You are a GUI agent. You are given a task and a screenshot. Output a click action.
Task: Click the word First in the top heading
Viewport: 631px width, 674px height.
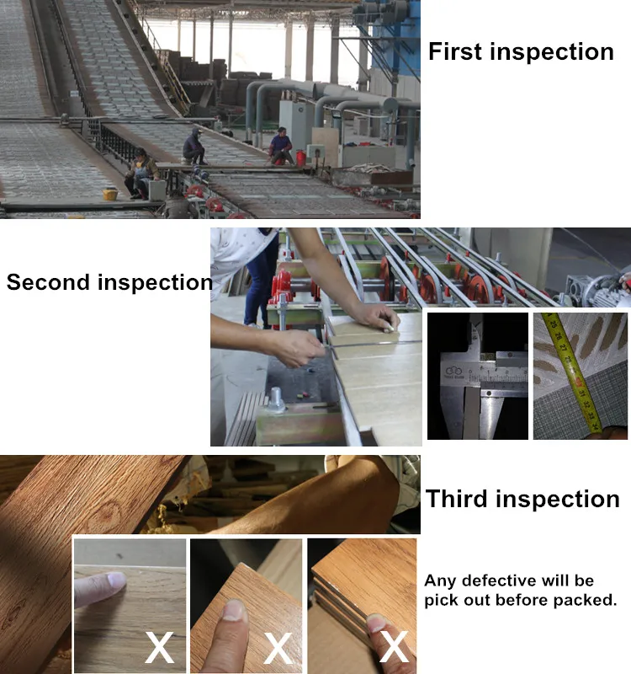point(456,51)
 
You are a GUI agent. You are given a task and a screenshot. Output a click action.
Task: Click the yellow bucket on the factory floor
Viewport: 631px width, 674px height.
point(110,194)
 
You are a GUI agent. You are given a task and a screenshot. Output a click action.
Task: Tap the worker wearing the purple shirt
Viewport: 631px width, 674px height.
point(281,146)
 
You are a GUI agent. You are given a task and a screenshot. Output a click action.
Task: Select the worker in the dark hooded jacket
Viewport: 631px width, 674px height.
point(194,147)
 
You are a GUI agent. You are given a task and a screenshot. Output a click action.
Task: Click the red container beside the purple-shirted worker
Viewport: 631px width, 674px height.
point(301,158)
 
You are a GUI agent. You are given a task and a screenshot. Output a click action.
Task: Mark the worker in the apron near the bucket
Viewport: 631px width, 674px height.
point(140,174)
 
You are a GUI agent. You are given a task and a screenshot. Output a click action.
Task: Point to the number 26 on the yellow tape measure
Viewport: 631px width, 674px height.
point(558,335)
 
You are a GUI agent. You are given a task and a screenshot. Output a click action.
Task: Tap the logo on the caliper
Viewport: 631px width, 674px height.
point(453,371)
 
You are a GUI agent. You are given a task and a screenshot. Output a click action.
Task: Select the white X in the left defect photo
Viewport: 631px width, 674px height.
point(160,647)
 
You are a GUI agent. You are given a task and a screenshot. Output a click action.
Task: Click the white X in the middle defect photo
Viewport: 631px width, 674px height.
point(278,649)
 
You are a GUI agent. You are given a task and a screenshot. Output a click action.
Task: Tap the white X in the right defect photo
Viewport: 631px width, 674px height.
point(394,646)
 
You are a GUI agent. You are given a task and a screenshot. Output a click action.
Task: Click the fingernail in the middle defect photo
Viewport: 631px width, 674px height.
point(234,610)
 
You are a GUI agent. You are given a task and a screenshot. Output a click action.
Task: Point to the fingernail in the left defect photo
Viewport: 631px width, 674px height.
point(117,579)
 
